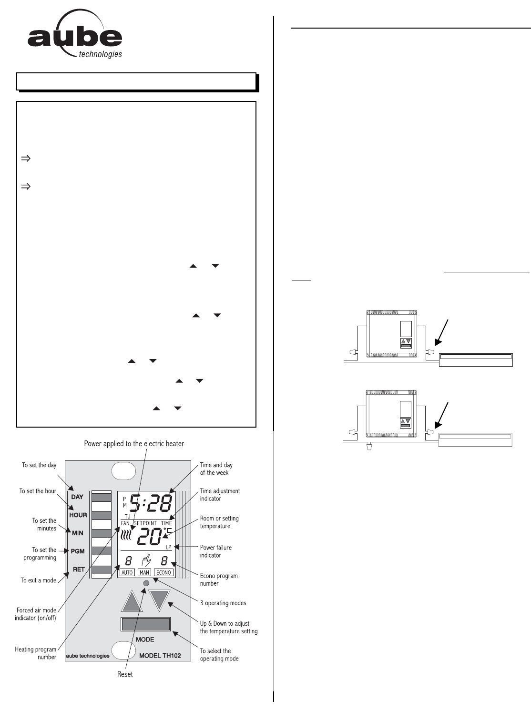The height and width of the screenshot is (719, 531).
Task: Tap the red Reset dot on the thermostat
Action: [x=146, y=583]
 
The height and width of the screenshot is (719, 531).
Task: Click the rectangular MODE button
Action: [x=146, y=624]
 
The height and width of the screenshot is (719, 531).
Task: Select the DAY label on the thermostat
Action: [x=77, y=497]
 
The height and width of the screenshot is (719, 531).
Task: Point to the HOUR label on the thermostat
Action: [x=78, y=515]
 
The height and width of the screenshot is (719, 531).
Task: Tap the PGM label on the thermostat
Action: [x=78, y=551]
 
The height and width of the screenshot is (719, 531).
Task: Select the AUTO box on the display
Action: [x=127, y=572]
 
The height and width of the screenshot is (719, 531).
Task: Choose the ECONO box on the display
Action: [x=163, y=572]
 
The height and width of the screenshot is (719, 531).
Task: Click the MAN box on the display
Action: [x=144, y=572]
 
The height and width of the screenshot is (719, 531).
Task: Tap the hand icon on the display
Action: [x=145, y=560]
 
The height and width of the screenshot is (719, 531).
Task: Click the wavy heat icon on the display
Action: [x=126, y=536]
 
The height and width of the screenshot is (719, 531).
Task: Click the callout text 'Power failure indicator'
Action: [x=216, y=551]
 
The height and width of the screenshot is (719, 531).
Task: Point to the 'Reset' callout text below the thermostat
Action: [x=125, y=674]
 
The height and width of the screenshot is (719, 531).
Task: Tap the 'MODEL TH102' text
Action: [x=160, y=656]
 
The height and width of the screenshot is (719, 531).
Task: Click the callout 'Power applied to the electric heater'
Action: [x=134, y=444]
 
